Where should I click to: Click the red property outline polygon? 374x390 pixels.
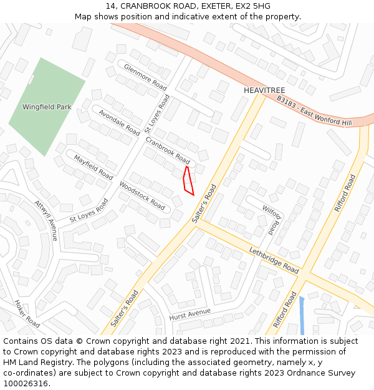(x=188, y=180)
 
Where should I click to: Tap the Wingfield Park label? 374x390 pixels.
(x=47, y=107)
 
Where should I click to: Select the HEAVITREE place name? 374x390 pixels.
(x=264, y=90)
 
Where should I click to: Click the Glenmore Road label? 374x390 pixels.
(x=145, y=77)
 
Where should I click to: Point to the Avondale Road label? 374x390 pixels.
(x=119, y=122)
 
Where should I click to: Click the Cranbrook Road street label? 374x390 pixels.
(x=168, y=150)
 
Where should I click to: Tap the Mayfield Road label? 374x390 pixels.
(x=93, y=167)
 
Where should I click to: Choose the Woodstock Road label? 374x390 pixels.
(x=142, y=195)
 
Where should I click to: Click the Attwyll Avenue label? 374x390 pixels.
(x=46, y=220)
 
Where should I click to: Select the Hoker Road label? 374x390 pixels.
(x=27, y=313)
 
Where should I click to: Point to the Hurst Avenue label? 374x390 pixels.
(x=190, y=313)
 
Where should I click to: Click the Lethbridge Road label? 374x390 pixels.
(x=274, y=260)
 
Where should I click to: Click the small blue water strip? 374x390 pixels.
(x=302, y=316)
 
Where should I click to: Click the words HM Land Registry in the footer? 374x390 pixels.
(x=36, y=362)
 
